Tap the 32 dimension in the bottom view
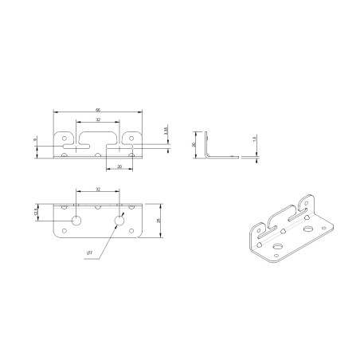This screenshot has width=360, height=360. (x=98, y=190)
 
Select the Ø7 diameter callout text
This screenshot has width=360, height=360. (x=90, y=253)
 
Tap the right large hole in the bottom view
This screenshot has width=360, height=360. (x=121, y=219)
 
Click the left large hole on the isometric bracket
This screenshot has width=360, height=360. (x=278, y=248)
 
